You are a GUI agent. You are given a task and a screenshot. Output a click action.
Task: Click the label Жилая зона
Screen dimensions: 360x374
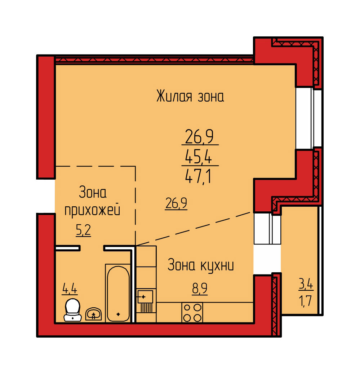click(190, 96)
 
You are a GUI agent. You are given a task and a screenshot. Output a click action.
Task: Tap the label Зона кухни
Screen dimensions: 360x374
click(201, 265)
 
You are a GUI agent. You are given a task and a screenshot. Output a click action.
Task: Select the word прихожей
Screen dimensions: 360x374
click(93, 210)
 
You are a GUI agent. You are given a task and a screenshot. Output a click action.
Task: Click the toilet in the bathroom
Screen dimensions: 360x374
click(72, 310)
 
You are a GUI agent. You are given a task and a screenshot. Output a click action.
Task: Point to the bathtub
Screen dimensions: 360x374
click(118, 294)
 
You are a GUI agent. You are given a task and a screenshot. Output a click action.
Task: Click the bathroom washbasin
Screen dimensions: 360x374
click(94, 314)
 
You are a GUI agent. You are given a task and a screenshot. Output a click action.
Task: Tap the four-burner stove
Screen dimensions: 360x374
click(192, 313)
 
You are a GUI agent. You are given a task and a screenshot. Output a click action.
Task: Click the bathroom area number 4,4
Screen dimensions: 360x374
click(70, 289)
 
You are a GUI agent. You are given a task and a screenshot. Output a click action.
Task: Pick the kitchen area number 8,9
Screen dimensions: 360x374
click(200, 289)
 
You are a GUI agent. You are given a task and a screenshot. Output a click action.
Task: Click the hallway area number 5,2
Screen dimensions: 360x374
click(83, 230)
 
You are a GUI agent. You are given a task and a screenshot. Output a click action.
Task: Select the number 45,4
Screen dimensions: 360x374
click(199, 157)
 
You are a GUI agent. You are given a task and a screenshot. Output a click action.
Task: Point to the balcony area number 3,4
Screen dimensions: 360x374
click(306, 284)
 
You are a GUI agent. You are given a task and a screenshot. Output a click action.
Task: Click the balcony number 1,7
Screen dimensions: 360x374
click(306, 300)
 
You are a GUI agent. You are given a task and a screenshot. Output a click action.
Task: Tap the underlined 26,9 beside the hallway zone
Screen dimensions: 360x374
click(176, 203)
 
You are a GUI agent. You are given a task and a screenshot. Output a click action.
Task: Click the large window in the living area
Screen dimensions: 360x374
click(308, 118)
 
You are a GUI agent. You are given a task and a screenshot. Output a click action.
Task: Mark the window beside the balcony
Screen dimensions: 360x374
click(267, 228)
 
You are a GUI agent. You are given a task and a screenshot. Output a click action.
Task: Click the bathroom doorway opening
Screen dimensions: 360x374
click(92, 248)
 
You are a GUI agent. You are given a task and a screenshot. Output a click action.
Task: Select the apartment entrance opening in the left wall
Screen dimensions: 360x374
click(46, 196)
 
